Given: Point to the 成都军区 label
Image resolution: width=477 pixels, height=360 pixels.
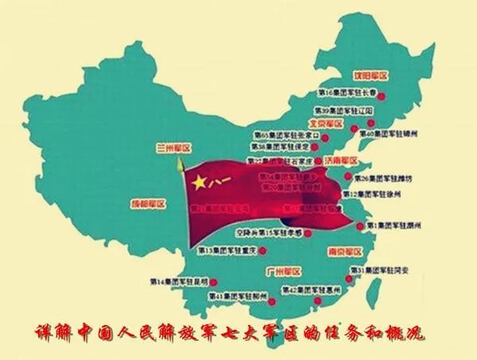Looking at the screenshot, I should [148, 204].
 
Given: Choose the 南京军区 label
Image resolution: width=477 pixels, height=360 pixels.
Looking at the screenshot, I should [344, 251].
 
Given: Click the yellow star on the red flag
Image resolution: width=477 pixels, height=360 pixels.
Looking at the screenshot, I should [199, 183].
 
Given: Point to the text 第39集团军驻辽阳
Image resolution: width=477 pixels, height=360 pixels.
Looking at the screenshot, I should [344, 110].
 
